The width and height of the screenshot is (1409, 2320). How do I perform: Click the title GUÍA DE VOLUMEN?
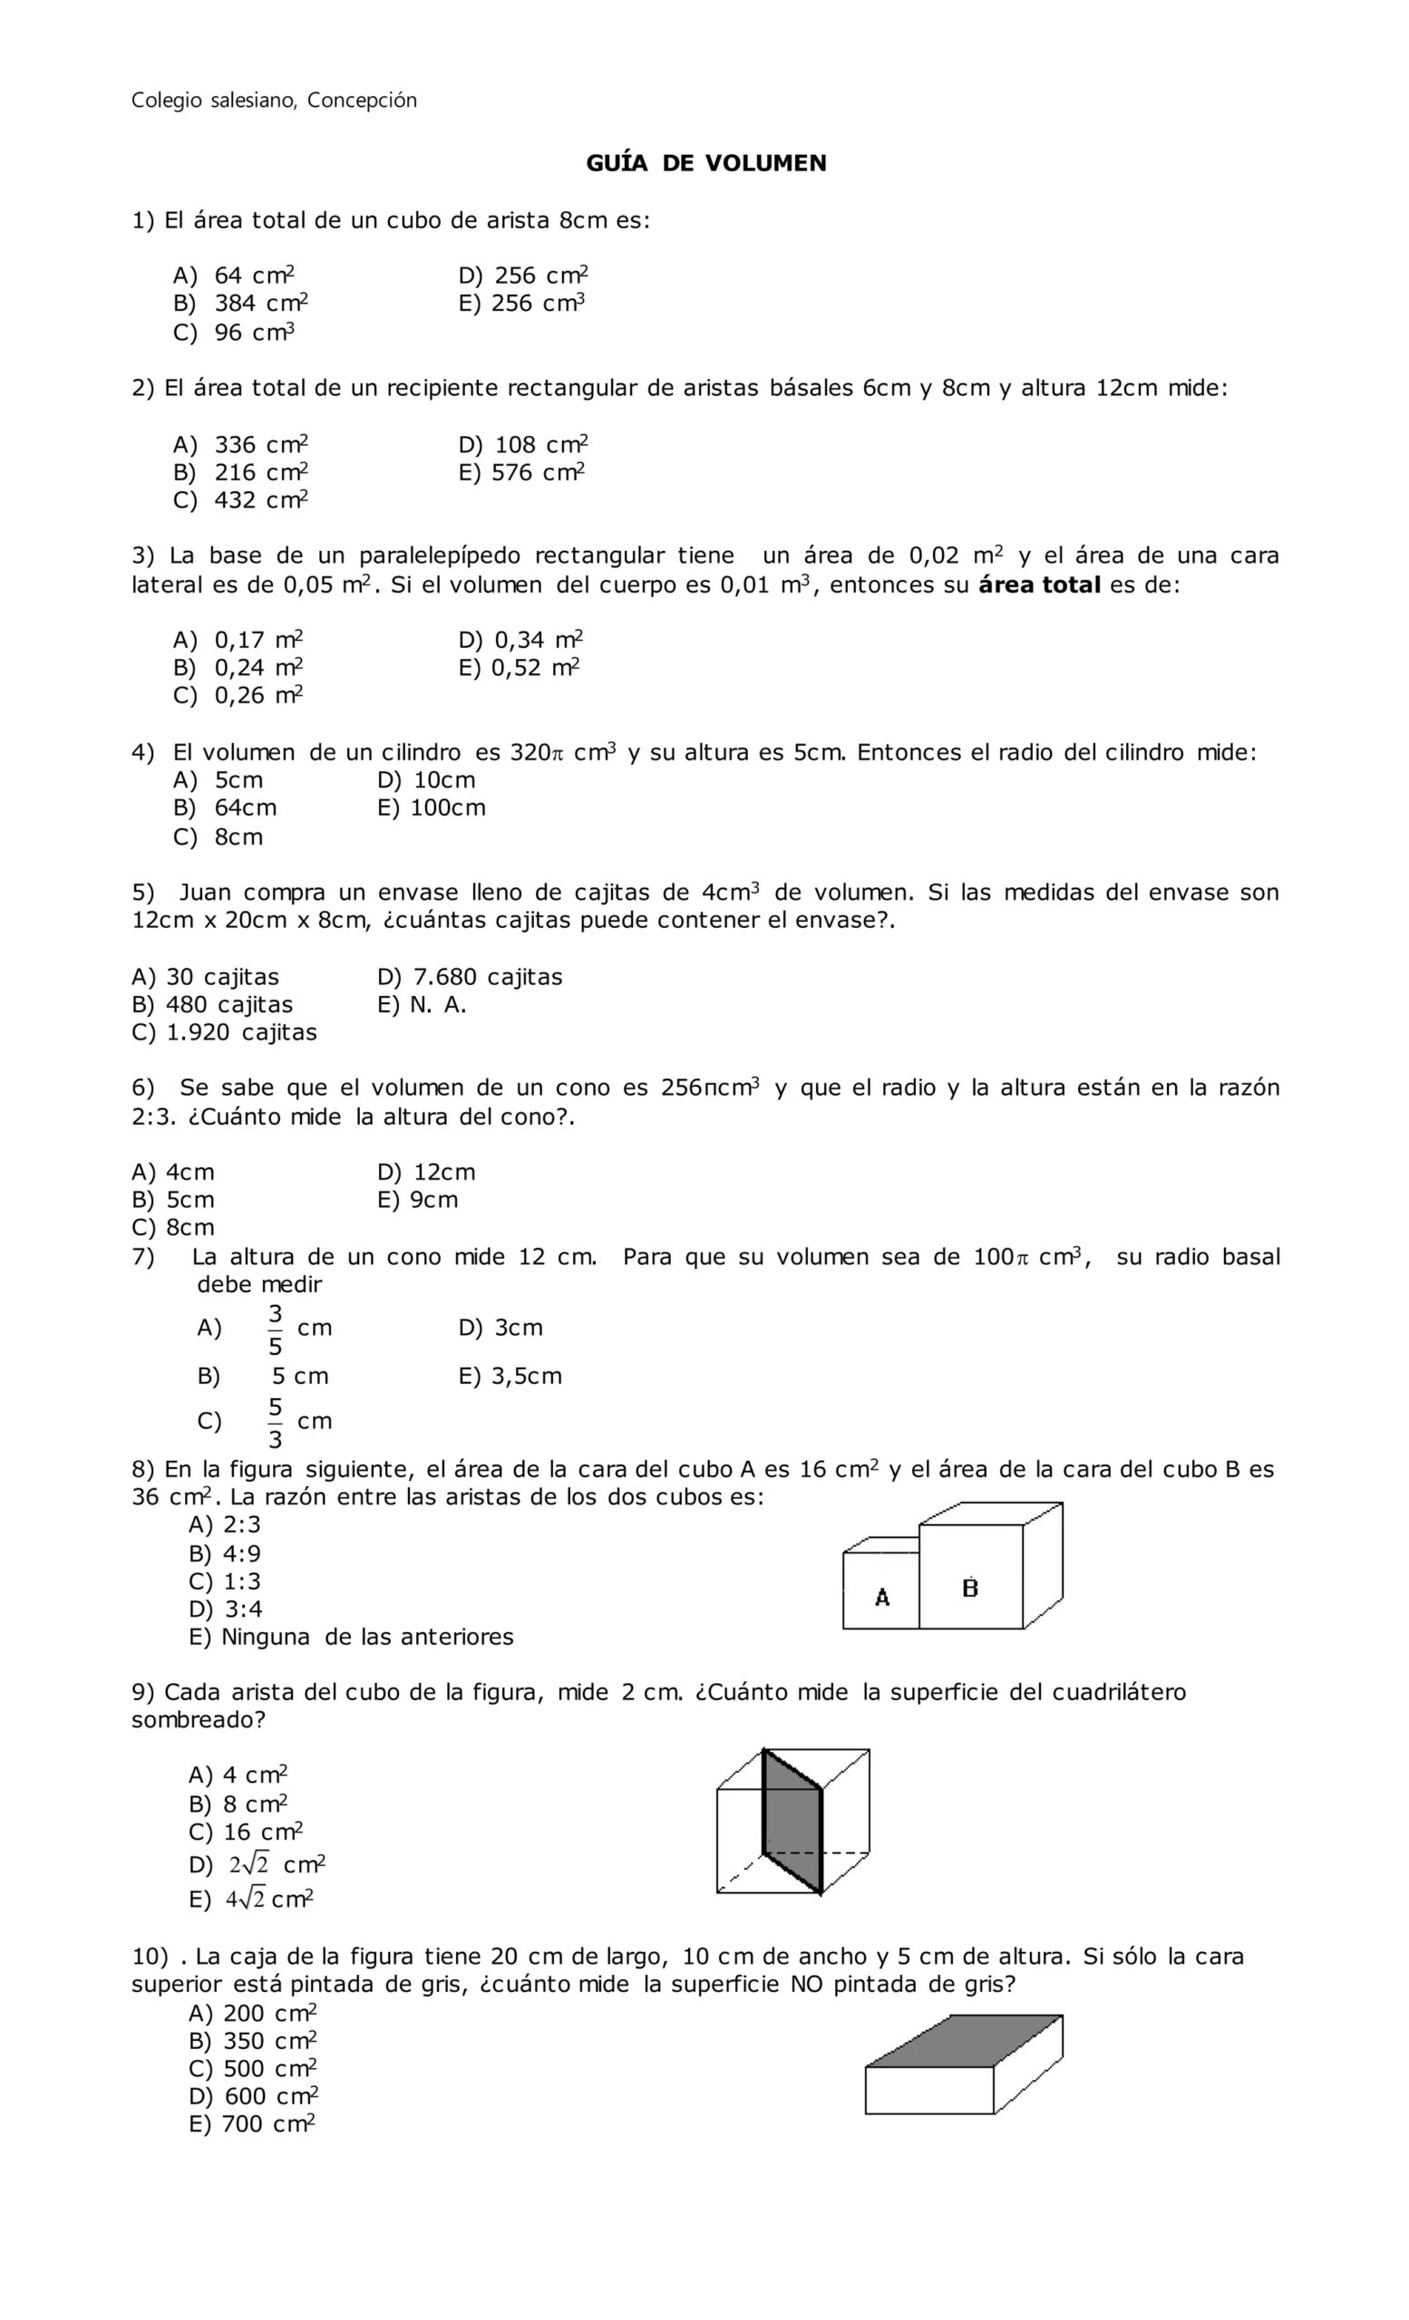tap(705, 164)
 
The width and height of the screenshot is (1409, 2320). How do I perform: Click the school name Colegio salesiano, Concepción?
tap(273, 101)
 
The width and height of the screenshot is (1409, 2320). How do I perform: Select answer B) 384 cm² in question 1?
tap(241, 304)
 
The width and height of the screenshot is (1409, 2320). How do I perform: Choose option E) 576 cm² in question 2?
tap(521, 473)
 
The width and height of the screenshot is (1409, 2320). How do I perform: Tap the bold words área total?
tap(1039, 585)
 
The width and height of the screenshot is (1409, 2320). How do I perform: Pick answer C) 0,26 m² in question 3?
tap(238, 696)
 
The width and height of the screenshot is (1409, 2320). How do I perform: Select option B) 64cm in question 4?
tap(225, 807)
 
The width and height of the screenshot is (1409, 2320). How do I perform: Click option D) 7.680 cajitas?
tap(469, 977)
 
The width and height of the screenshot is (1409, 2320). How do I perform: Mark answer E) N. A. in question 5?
tap(422, 1006)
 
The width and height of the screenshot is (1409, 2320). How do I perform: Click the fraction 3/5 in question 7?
tap(275, 1329)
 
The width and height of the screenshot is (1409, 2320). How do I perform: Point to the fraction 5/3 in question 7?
tap(275, 1423)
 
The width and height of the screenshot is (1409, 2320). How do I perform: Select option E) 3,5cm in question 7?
tap(510, 1377)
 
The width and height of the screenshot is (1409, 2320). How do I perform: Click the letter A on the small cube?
tap(881, 1598)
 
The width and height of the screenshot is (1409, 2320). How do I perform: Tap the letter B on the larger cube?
tap(970, 1589)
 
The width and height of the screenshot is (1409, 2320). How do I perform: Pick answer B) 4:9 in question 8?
tap(225, 1554)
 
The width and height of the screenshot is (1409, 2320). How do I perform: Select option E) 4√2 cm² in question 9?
tap(251, 1899)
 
